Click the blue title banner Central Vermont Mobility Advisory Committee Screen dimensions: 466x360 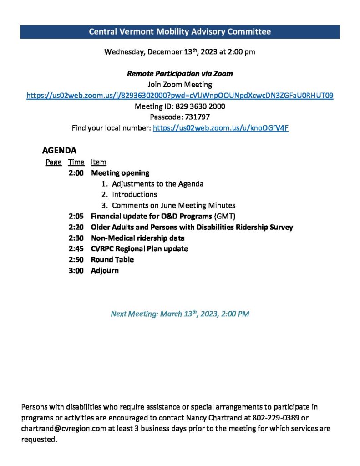pyautogui.click(x=180, y=32)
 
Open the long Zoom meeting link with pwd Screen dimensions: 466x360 pyautogui.click(x=180, y=96)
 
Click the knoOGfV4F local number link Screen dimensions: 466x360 pyautogui.click(x=220, y=128)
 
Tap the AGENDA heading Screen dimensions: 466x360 pyautogui.click(x=59, y=150)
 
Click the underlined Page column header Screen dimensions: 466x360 pyautogui.click(x=53, y=162)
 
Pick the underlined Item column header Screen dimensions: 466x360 pyautogui.click(x=98, y=162)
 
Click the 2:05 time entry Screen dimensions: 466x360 pyautogui.click(x=76, y=216)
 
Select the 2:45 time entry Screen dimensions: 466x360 pyautogui.click(x=76, y=249)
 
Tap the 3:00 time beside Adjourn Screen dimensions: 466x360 pyautogui.click(x=76, y=270)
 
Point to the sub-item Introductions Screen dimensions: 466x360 pyautogui.click(x=134, y=194)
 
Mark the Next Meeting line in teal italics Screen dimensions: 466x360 pyautogui.click(x=180, y=314)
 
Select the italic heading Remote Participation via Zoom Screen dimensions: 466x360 pyautogui.click(x=180, y=74)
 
